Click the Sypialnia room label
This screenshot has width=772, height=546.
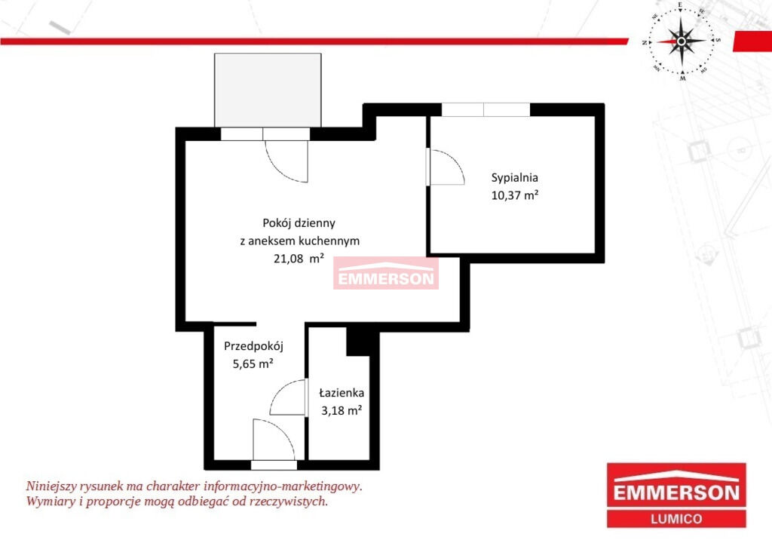pos(514,178)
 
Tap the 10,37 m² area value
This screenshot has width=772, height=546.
pos(514,195)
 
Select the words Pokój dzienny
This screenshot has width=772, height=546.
pos(299,223)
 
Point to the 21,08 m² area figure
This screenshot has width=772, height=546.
pos(299,258)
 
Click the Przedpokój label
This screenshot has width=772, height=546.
pos(253,346)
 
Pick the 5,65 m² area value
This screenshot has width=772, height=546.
pos(253,363)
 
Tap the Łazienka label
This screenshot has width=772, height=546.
pos(342,393)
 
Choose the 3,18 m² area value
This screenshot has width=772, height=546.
pos(342,410)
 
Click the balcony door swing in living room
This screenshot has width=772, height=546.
pos(280,167)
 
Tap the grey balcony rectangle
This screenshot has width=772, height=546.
pos(268,90)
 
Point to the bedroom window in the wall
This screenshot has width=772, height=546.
pos(486,109)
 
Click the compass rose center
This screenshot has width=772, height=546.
pos(682,41)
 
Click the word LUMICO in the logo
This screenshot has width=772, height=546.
pos(676,519)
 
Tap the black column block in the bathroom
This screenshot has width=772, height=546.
pos(358,341)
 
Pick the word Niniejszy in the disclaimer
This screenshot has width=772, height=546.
pos(51,486)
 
